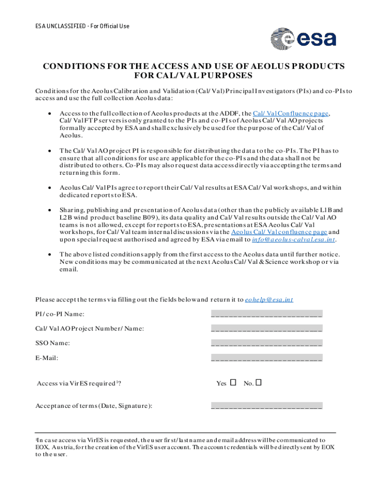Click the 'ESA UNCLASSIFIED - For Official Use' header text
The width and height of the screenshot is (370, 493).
pyautogui.click(x=82, y=26)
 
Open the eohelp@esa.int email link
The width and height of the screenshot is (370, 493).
pyautogui.click(x=269, y=299)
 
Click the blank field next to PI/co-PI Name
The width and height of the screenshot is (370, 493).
pyautogui.click(x=267, y=314)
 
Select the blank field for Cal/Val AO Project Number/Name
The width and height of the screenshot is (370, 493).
pyautogui.click(x=267, y=329)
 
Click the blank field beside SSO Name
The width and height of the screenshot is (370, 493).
pyautogui.click(x=267, y=343)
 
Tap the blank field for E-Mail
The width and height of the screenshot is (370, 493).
pyautogui.click(x=267, y=358)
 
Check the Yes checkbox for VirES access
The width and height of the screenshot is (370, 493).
pyautogui.click(x=234, y=383)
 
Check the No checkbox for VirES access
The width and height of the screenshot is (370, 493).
pyautogui.click(x=259, y=383)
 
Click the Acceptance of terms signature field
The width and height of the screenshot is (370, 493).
pyautogui.click(x=267, y=406)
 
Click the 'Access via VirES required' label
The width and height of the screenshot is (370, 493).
pyautogui.click(x=78, y=384)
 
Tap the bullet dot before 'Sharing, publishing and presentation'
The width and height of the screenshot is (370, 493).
pyautogui.click(x=51, y=210)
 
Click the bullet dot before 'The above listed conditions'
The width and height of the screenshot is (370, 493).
pyautogui.click(x=51, y=254)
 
